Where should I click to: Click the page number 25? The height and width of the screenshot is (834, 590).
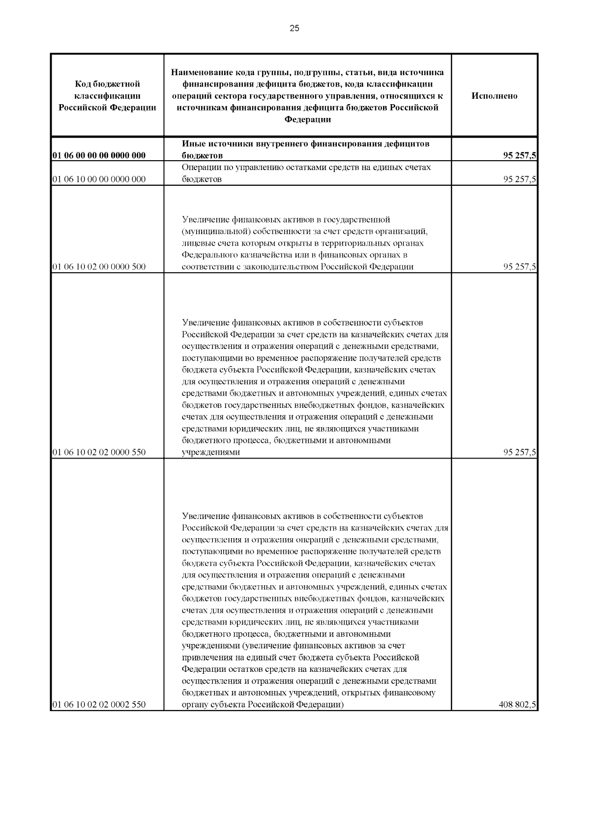click(294, 28)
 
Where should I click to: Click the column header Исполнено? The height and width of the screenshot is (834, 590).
click(494, 96)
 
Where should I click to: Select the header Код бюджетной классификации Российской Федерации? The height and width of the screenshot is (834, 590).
click(107, 96)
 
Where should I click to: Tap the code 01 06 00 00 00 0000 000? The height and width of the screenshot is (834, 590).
click(99, 156)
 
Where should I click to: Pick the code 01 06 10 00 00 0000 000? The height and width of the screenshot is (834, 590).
click(99, 179)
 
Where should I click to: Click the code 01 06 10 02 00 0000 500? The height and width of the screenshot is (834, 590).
click(99, 267)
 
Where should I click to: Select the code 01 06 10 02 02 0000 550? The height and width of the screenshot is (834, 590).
click(99, 452)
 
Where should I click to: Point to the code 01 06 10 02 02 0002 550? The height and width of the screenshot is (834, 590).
click(99, 705)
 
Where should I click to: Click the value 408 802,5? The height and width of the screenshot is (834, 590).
click(517, 705)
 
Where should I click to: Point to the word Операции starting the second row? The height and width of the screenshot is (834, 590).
click(202, 168)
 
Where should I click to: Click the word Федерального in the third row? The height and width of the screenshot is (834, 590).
click(210, 255)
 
